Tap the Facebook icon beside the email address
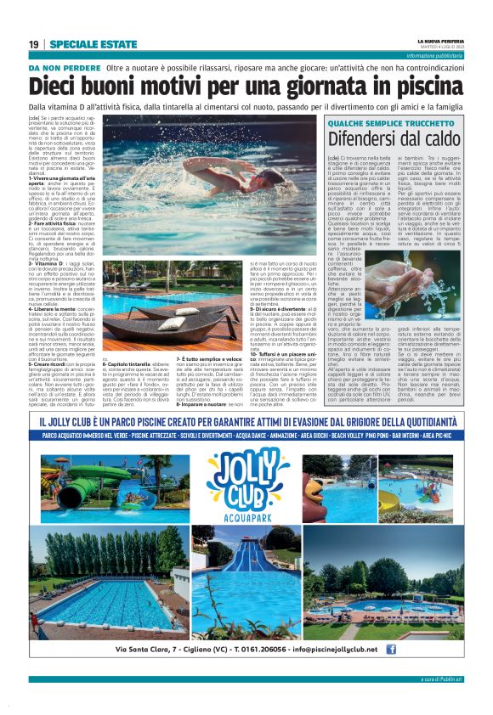391,650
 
